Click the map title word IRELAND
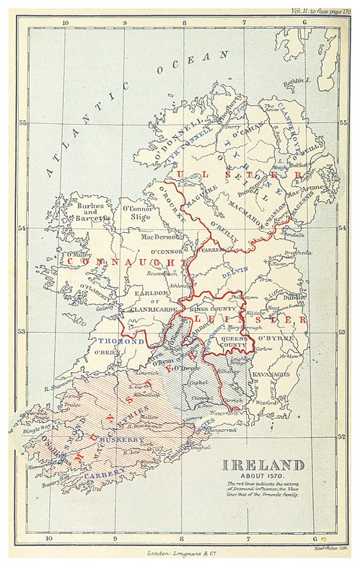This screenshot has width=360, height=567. (262, 466)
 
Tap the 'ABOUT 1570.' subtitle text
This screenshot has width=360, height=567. (262, 477)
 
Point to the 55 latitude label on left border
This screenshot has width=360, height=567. (22, 123)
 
